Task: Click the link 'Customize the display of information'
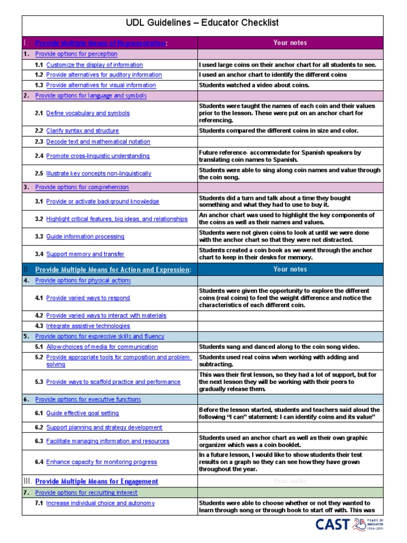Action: (x=94, y=65)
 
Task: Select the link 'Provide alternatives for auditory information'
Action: (x=104, y=75)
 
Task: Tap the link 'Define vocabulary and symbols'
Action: (x=87, y=113)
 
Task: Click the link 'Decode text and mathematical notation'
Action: (x=98, y=142)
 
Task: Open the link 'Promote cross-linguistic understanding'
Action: (x=98, y=156)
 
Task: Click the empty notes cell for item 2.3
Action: (x=290, y=142)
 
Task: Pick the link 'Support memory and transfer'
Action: (x=85, y=254)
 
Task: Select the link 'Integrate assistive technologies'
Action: (x=88, y=326)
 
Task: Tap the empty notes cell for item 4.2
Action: (x=290, y=316)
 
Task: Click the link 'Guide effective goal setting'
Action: (x=82, y=413)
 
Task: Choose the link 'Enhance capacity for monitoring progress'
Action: (x=101, y=462)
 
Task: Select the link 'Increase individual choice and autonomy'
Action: (x=100, y=503)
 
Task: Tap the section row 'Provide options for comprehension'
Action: (x=82, y=187)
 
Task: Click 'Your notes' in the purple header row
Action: (x=290, y=43)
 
